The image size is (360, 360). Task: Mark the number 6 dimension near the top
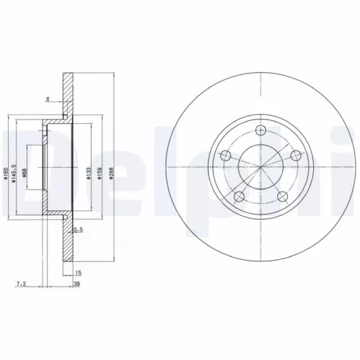pyautogui.click(x=48, y=99)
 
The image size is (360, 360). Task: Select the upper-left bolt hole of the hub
pyautogui.click(x=225, y=156)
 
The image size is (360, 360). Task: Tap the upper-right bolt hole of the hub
pyautogui.click(x=294, y=156)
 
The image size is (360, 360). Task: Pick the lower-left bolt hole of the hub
pyautogui.click(x=239, y=197)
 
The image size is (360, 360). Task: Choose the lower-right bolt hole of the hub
pyautogui.click(x=282, y=197)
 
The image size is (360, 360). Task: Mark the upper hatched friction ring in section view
pyautogui.click(x=68, y=94)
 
